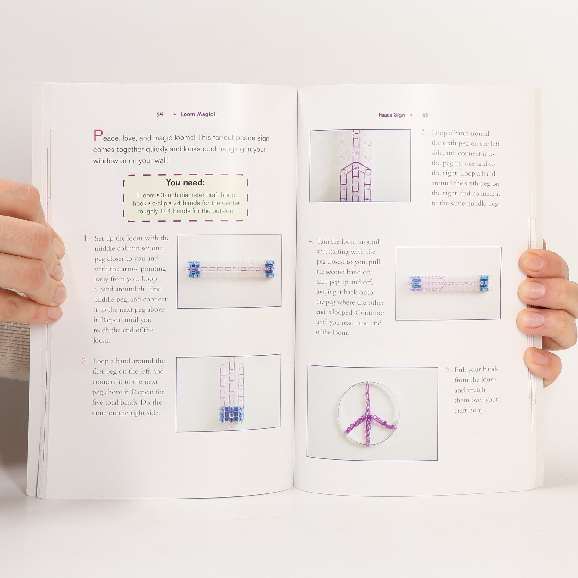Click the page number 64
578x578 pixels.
(x=160, y=114)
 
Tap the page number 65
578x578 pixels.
(x=425, y=115)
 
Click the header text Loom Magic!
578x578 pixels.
(x=198, y=114)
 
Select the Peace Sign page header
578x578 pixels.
(x=392, y=115)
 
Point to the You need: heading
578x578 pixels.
(x=185, y=182)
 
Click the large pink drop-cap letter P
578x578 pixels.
(x=98, y=135)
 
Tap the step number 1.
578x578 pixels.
(x=86, y=238)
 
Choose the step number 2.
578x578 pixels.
(x=85, y=361)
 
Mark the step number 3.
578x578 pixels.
(x=423, y=132)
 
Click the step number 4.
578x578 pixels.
(x=311, y=241)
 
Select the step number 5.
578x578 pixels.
(x=449, y=370)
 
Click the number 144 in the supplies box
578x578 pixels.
(x=165, y=211)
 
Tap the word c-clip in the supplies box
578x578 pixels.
(x=160, y=203)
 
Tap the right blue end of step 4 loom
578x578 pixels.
(x=484, y=283)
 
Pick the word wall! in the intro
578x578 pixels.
(x=161, y=160)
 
